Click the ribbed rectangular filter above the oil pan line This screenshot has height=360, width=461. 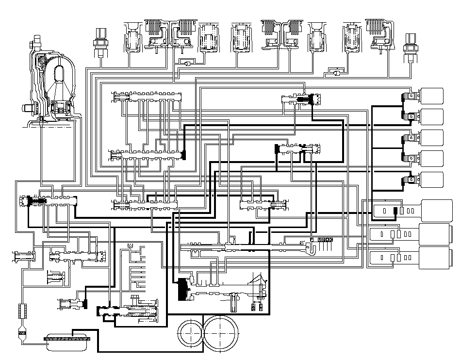(21, 310)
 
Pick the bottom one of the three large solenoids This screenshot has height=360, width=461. (434, 258)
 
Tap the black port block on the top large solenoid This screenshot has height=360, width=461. (395, 211)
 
